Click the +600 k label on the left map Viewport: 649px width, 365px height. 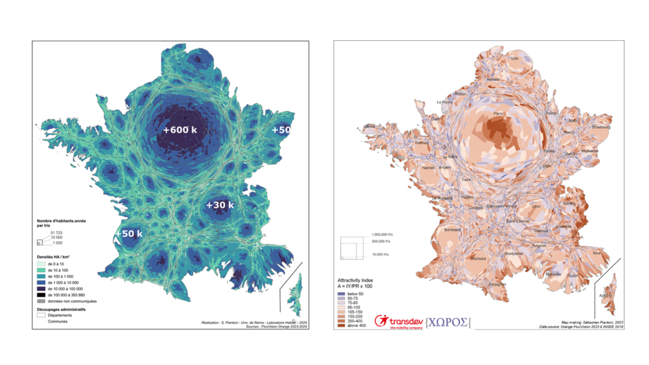pyautogui.click(x=180, y=130)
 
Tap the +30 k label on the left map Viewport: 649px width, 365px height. pyautogui.click(x=220, y=205)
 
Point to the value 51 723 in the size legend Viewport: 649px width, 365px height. pyautogui.click(x=57, y=231)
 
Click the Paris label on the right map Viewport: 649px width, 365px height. pyautogui.click(x=498, y=113)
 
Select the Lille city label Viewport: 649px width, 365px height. pyautogui.click(x=515, y=59)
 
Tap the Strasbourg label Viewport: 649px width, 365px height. pyautogui.click(x=601, y=127)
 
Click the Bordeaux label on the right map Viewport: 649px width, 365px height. pyautogui.click(x=452, y=230)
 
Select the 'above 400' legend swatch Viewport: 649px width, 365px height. pyautogui.click(x=341, y=326)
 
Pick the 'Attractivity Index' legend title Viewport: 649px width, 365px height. pyautogui.click(x=354, y=281)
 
